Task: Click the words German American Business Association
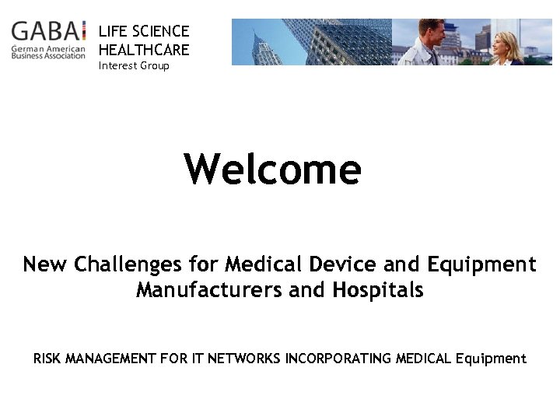click(x=48, y=52)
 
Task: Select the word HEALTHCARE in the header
click(x=144, y=49)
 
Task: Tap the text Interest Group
click(x=133, y=66)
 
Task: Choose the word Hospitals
click(x=377, y=290)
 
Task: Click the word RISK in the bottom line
click(x=47, y=359)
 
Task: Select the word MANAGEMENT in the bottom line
click(x=112, y=359)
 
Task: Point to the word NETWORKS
click(x=246, y=359)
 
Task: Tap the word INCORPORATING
click(x=338, y=359)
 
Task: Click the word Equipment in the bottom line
click(x=491, y=359)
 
